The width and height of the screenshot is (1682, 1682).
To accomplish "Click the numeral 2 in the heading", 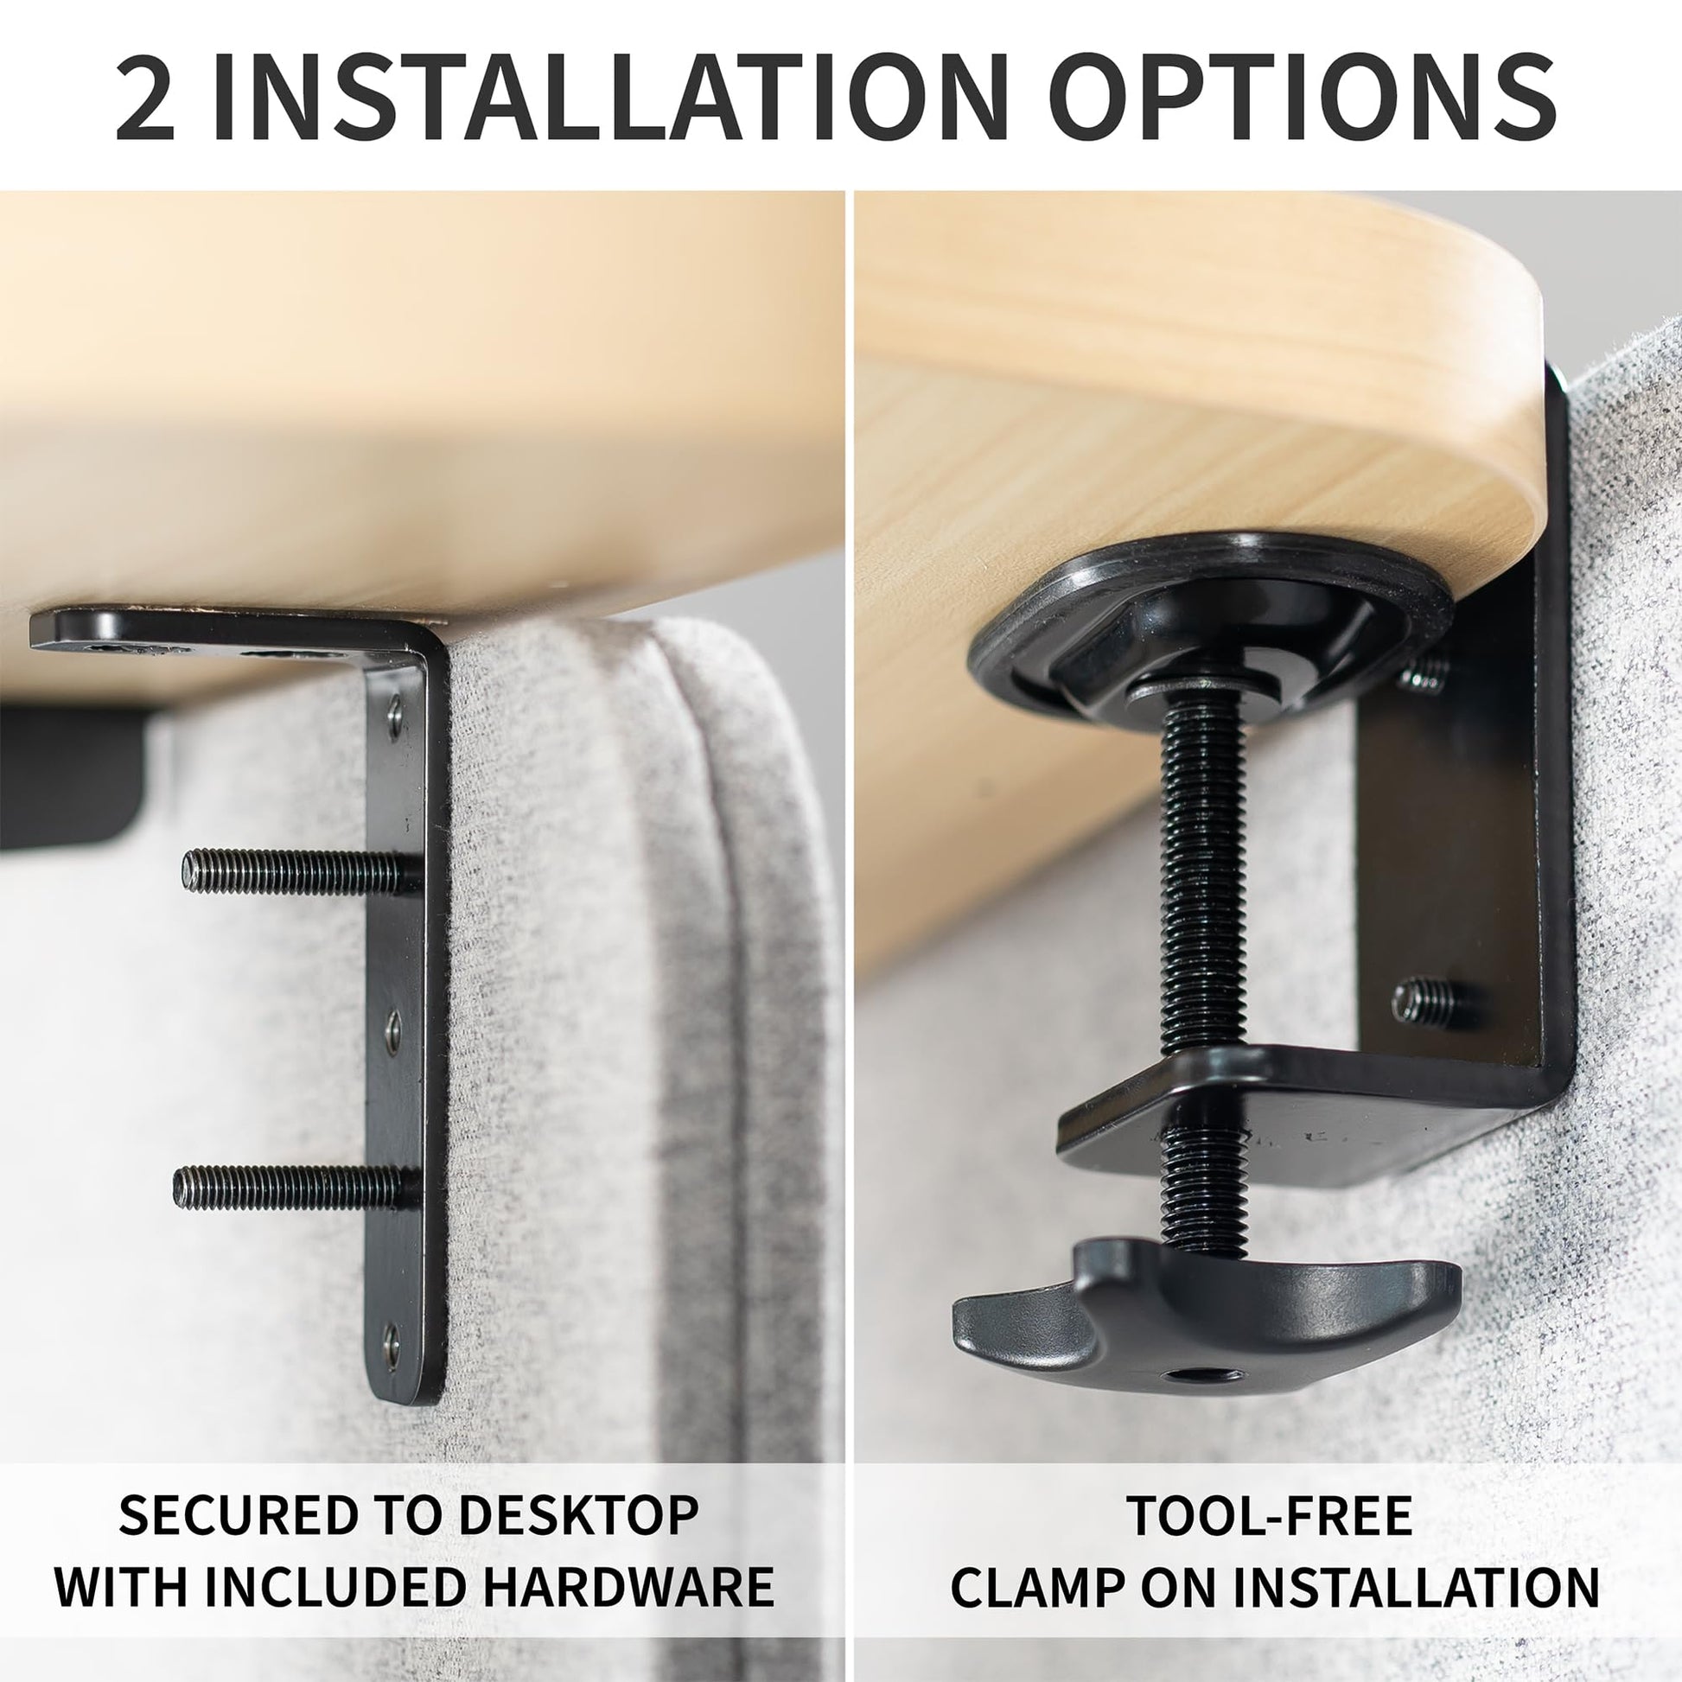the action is [145, 97].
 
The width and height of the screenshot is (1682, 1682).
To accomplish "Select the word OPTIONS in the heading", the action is [1304, 97].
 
